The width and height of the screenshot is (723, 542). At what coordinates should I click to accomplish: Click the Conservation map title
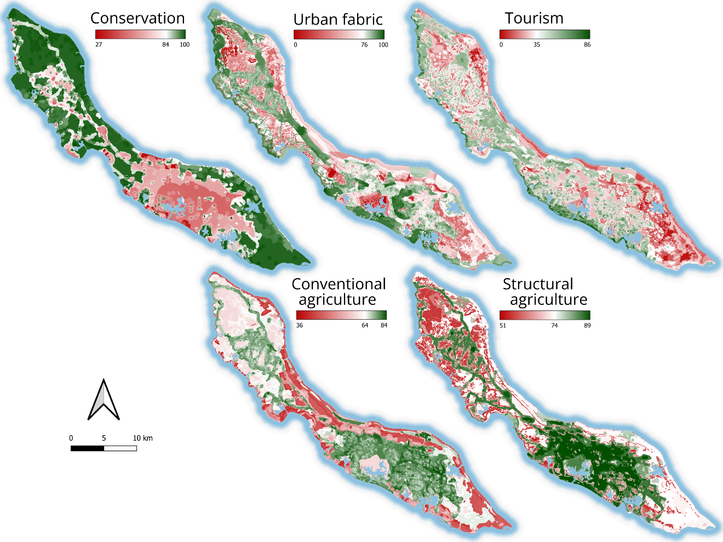click(137, 18)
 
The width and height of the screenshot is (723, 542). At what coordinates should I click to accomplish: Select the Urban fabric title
click(338, 20)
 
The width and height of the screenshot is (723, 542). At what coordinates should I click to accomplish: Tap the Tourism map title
click(534, 18)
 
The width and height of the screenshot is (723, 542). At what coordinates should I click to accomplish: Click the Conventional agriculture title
click(338, 292)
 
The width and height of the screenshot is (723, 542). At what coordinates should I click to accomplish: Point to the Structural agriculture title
click(544, 292)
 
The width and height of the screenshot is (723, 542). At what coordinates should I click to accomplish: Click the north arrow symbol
click(104, 400)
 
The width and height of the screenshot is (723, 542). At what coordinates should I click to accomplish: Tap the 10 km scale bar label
click(142, 438)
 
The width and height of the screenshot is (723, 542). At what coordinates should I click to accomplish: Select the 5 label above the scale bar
click(104, 438)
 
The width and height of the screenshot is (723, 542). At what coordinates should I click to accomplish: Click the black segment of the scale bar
click(87, 448)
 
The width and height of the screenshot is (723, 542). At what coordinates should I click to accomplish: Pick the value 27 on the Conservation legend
click(99, 44)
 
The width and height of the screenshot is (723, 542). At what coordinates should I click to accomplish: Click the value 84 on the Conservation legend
click(165, 44)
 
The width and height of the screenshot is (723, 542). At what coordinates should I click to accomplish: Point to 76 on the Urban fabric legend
click(364, 45)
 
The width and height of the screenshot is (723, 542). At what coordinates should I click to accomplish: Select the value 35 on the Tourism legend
click(537, 45)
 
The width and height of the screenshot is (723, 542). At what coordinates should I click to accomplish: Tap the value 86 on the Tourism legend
click(587, 45)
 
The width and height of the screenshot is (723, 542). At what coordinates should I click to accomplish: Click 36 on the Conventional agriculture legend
click(300, 325)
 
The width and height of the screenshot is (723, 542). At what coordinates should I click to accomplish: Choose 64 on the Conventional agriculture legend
click(365, 325)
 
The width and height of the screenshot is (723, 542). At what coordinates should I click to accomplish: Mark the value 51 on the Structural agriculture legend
click(503, 325)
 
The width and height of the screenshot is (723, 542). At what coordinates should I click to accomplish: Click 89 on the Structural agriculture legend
click(587, 325)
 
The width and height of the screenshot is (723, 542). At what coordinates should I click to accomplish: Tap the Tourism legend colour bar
click(544, 34)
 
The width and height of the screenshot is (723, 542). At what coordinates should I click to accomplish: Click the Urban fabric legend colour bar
click(339, 34)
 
